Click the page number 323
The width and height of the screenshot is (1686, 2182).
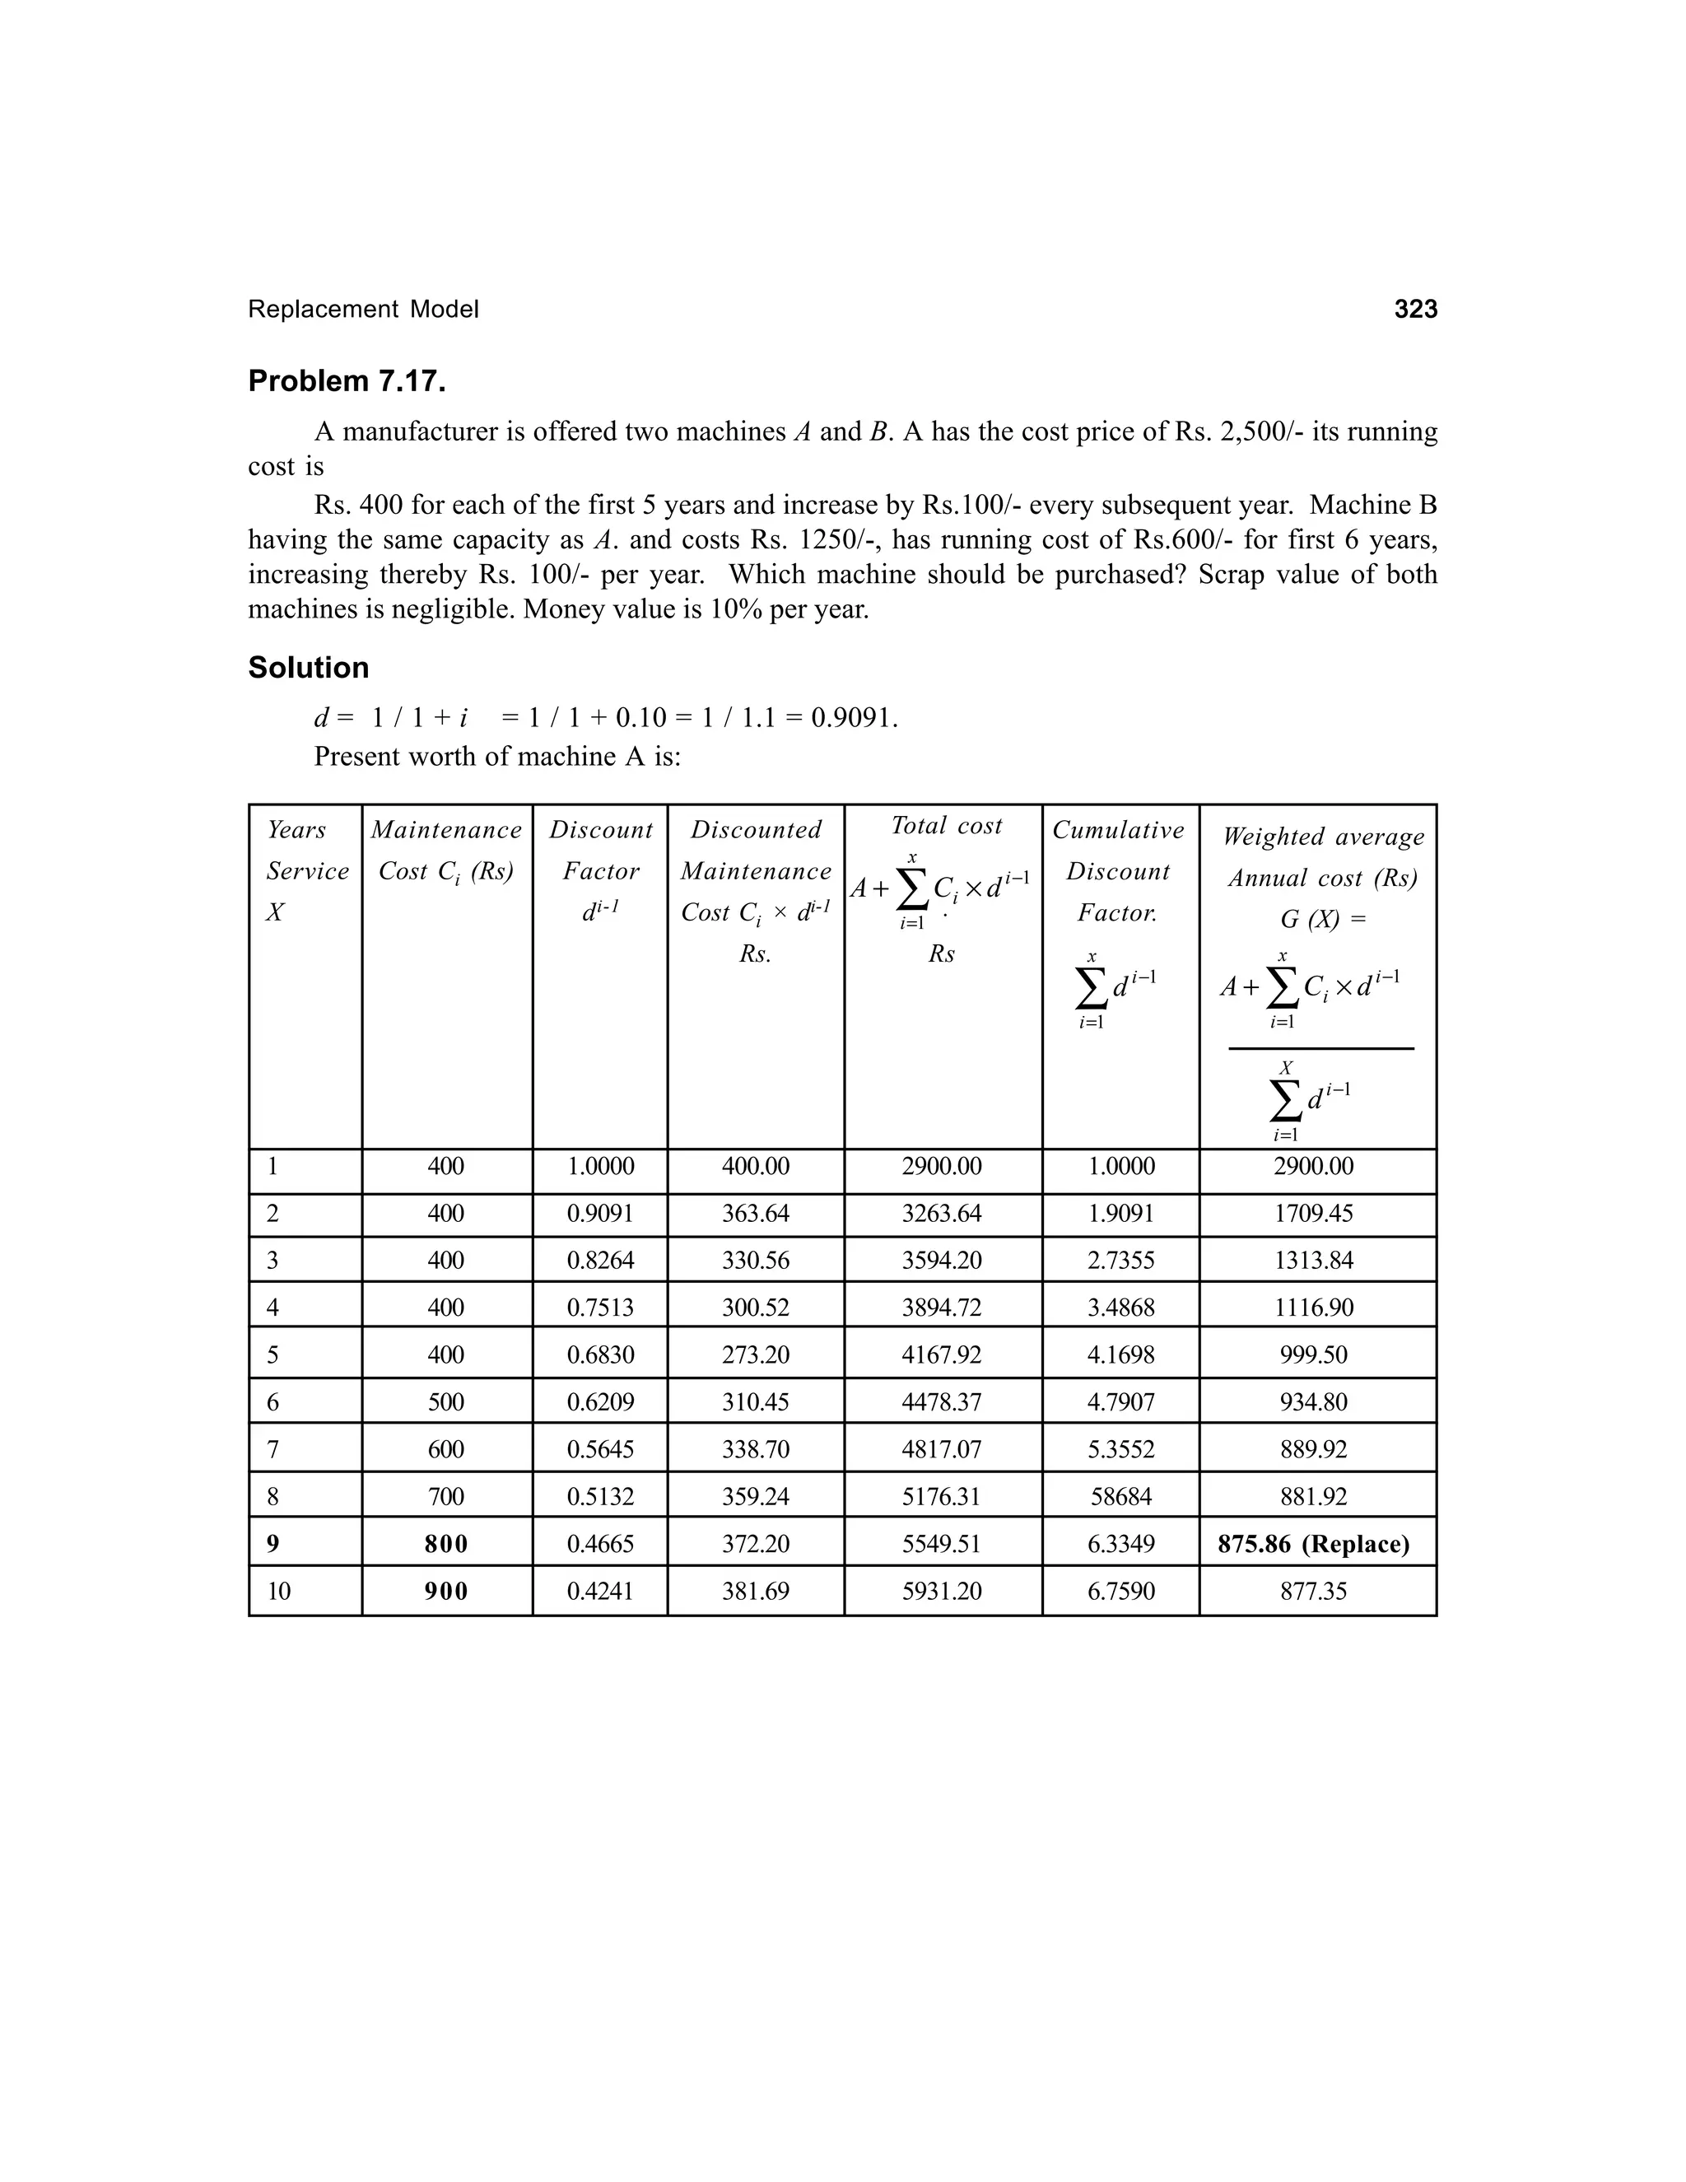1415,310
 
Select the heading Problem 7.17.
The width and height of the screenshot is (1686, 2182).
347,382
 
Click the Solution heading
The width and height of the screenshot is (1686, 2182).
309,668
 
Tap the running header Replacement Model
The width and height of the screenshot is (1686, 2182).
364,310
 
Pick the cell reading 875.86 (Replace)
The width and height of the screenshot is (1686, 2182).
1313,1544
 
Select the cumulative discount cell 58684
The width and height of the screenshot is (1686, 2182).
1120,1497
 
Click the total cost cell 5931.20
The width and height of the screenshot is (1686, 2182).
942,1591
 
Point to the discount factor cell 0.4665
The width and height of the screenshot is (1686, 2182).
600,1544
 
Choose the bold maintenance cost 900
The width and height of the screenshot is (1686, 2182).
446,1591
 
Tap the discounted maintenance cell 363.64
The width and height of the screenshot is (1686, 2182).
756,1213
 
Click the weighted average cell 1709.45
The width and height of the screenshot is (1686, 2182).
1313,1213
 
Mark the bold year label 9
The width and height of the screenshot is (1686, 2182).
273,1544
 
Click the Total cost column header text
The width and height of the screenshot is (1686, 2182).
946,825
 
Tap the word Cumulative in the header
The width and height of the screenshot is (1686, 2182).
1119,829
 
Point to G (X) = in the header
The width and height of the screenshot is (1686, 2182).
1324,919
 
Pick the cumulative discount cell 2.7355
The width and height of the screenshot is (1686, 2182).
1120,1260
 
